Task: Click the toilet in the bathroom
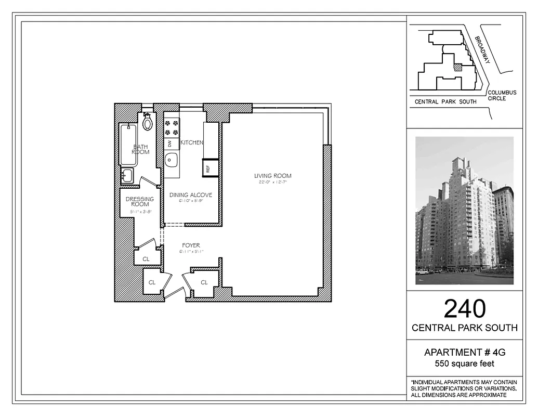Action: coord(148,122)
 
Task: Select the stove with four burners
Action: coord(172,127)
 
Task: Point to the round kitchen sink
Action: coord(172,160)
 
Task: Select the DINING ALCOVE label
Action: coord(191,195)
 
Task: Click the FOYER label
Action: coord(191,245)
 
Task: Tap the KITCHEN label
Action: coord(192,142)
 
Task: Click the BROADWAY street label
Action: coord(483,50)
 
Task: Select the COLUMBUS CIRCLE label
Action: coord(502,95)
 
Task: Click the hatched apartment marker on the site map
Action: coord(458,67)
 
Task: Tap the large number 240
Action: coord(465,309)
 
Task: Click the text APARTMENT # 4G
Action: coord(465,353)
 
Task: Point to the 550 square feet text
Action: coord(465,363)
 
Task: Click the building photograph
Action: coord(464,211)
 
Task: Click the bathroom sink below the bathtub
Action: coord(127,175)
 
